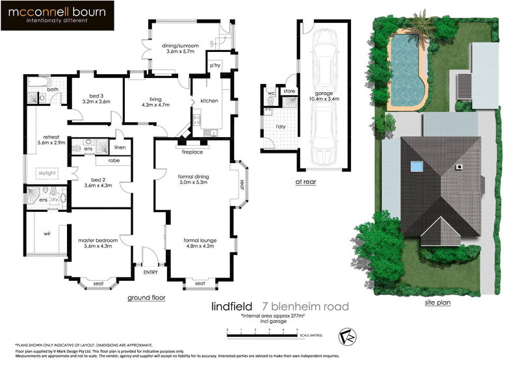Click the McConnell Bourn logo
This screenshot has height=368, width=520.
click(58, 16)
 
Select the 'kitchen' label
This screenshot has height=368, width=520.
click(209, 101)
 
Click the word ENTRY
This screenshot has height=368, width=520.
click(150, 272)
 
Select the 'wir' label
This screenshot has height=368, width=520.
click(47, 233)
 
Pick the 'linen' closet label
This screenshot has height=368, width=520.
click(120, 148)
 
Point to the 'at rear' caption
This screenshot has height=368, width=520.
click(305, 183)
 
